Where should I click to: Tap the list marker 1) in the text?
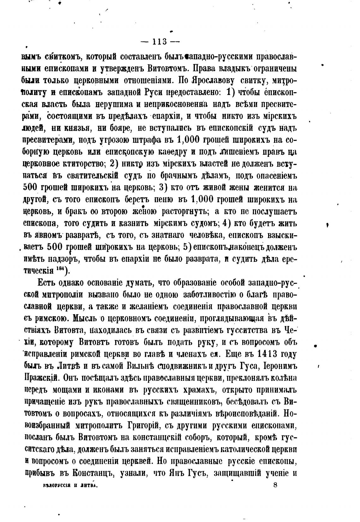[x=231, y=92]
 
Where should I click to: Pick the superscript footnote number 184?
[x=60, y=268]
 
